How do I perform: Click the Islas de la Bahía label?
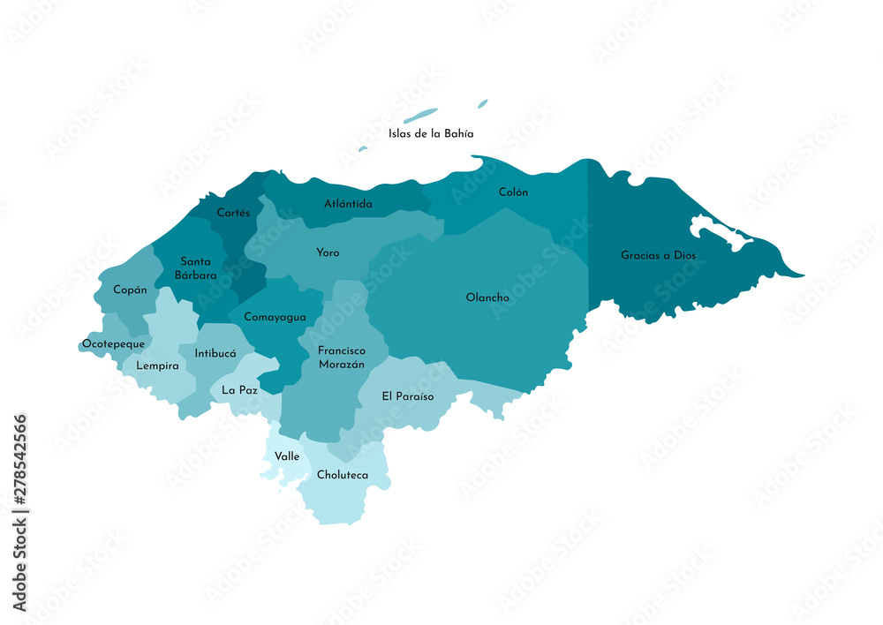(431, 134)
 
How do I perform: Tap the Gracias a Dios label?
(658, 255)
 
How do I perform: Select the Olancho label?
(487, 297)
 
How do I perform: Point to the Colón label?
(513, 192)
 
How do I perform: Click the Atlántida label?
(348, 204)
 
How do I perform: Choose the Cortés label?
(234, 213)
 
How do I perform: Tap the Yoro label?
(328, 252)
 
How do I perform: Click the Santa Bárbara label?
(195, 268)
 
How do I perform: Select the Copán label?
(130, 290)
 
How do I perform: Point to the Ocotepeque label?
(113, 343)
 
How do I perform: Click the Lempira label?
(157, 365)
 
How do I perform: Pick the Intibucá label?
(215, 353)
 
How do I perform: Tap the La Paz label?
(239, 389)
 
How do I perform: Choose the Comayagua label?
(275, 317)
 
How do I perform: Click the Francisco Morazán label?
(341, 358)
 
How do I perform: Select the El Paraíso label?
(408, 396)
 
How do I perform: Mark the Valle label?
(287, 456)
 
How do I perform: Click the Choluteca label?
(343, 475)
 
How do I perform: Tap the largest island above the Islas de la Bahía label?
(420, 116)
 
